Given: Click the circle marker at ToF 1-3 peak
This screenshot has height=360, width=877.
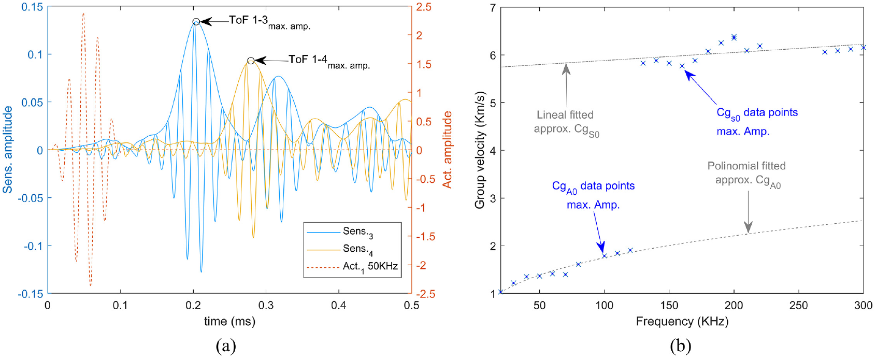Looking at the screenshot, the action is point(196,22).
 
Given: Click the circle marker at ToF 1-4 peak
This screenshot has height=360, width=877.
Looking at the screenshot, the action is point(251,60).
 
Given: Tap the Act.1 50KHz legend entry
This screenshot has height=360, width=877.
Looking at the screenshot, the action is point(352,267).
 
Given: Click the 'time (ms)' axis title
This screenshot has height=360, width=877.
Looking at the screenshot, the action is point(230,321).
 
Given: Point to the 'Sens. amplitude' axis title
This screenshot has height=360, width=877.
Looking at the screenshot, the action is point(7,150).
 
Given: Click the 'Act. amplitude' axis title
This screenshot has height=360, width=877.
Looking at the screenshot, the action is point(447,150).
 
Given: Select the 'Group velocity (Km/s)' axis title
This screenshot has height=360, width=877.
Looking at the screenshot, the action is point(480,150).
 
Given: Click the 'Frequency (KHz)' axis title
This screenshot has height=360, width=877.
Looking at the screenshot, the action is point(682,321).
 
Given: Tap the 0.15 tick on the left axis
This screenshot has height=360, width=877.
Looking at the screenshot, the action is point(32,7).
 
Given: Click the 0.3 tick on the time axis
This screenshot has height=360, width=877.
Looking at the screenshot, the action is point(266,305).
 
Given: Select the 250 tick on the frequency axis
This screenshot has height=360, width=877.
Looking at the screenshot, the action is point(798,305).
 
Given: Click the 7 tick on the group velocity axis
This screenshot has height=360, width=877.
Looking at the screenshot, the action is point(493,7).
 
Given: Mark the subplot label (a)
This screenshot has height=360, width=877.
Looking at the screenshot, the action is point(226,346).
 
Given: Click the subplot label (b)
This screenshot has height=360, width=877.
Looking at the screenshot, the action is point(681,346).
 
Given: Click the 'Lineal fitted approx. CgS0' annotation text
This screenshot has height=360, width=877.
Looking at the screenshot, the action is point(566,122).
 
